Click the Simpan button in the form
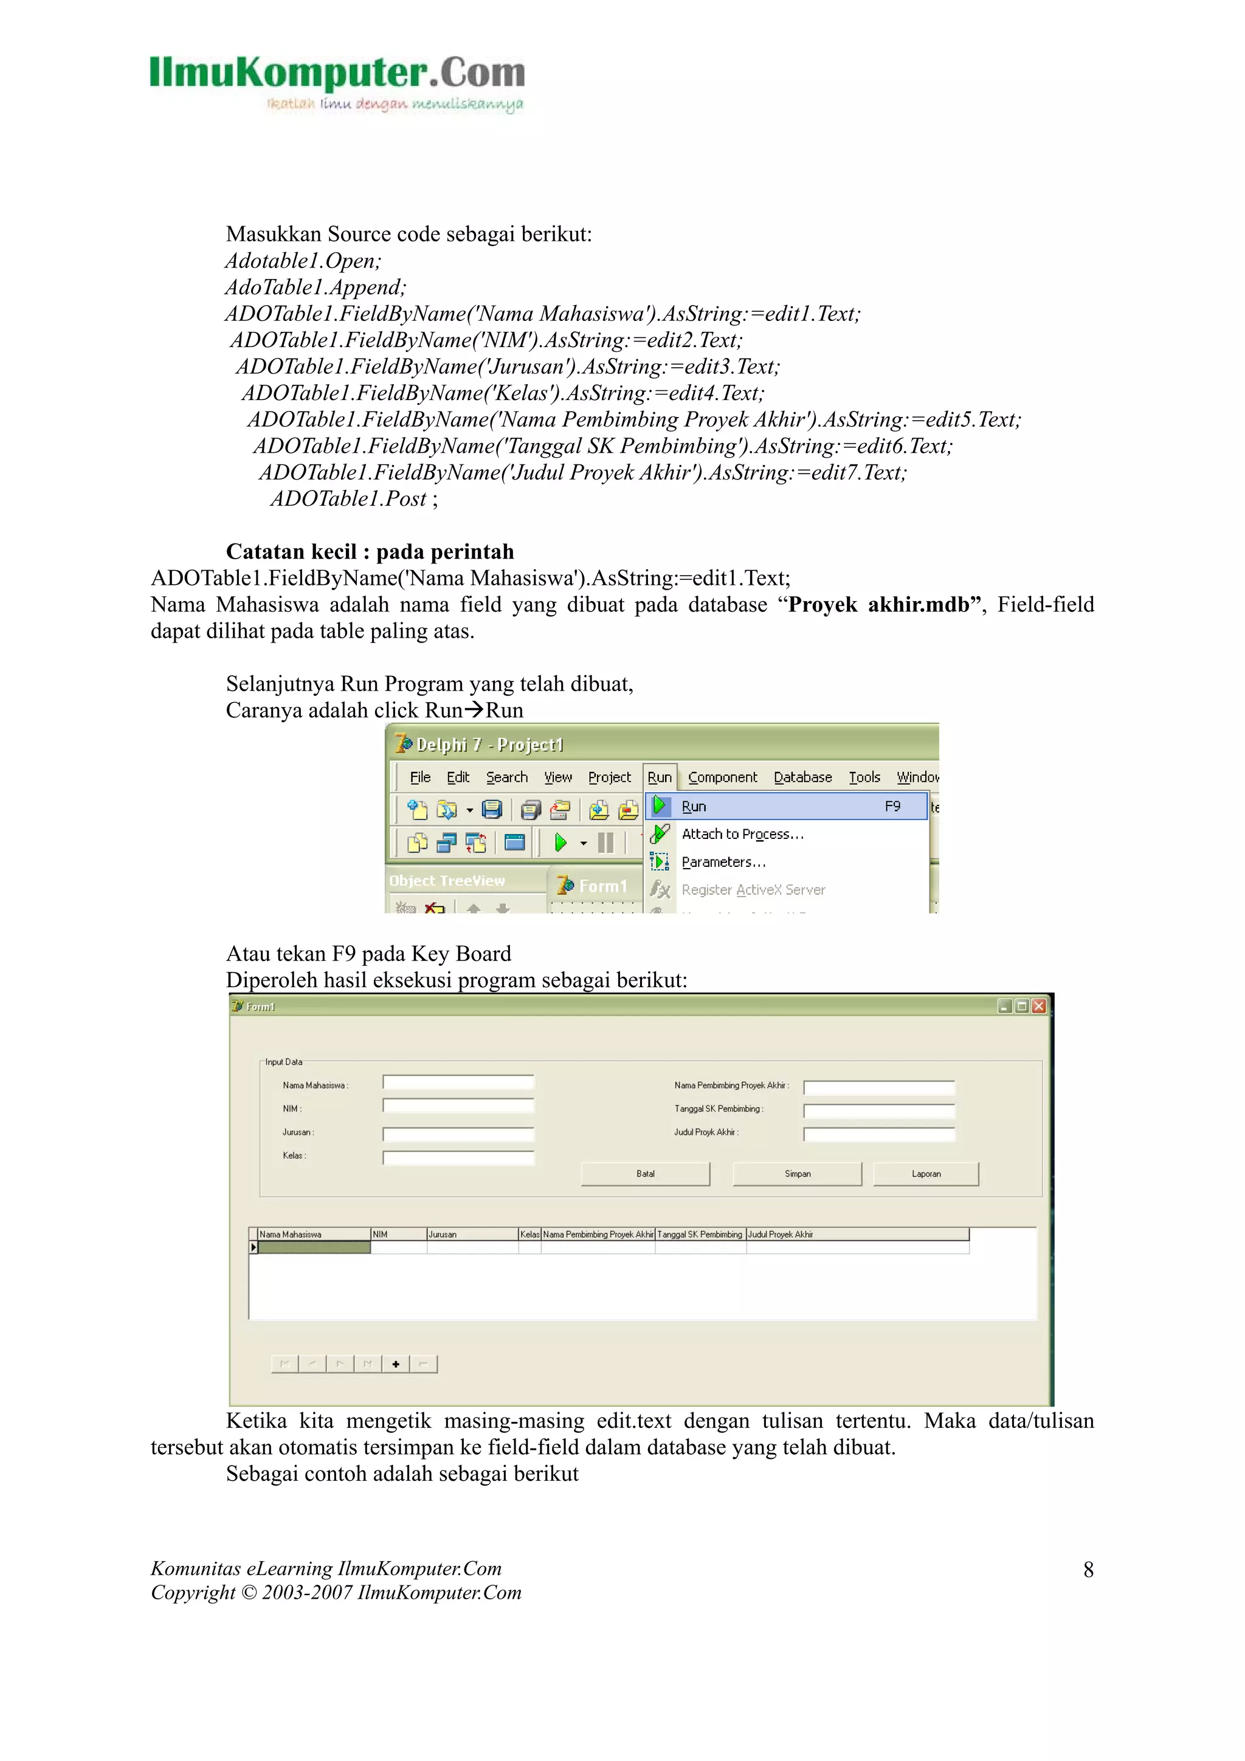click(x=796, y=1173)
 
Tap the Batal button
click(x=645, y=1173)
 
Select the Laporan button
click(x=925, y=1173)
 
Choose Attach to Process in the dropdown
click(x=742, y=834)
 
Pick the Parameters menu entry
click(x=723, y=862)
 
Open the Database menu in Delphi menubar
click(x=802, y=777)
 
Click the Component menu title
click(x=722, y=777)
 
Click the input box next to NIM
click(x=458, y=1106)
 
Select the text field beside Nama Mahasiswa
click(x=458, y=1082)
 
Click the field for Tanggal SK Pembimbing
click(x=878, y=1111)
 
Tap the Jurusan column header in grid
click(x=472, y=1234)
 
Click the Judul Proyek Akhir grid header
click(x=856, y=1234)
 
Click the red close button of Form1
click(x=1039, y=1006)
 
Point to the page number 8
click(x=1088, y=1570)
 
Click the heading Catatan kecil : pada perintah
click(x=370, y=551)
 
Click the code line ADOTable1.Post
click(x=354, y=498)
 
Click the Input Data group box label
click(x=283, y=1063)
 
